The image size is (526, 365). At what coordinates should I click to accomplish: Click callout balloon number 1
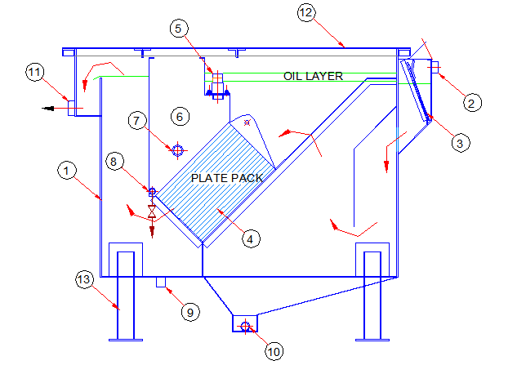[x=66, y=171]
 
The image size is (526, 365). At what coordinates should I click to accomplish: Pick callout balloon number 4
[x=252, y=238]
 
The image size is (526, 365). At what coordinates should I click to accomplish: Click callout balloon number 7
[x=140, y=121]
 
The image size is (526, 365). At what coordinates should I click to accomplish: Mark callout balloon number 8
[x=117, y=162]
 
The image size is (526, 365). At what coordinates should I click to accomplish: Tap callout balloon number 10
[x=274, y=352]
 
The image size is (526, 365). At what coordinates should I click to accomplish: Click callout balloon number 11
[x=34, y=73]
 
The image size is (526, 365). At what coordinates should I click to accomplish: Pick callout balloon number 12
[x=305, y=13]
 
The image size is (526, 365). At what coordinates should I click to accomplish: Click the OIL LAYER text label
[x=313, y=76]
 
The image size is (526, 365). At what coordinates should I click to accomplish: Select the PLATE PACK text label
[x=225, y=177]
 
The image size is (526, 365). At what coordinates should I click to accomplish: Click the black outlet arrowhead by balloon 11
[x=51, y=106]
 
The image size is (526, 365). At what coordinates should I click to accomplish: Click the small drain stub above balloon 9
[x=160, y=282]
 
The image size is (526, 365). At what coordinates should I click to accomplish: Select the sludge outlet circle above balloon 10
[x=243, y=327]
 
